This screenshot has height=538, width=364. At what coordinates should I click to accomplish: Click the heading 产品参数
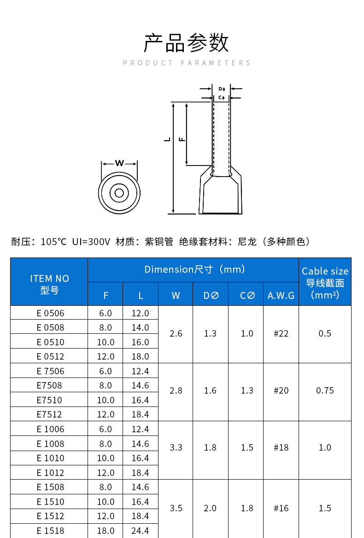click(186, 43)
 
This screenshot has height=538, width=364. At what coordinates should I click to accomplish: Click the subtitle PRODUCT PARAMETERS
click(187, 63)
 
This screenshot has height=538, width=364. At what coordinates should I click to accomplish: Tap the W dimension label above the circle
click(119, 163)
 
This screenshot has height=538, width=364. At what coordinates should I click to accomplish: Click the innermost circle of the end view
click(119, 193)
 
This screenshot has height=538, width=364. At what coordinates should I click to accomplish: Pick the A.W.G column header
click(281, 296)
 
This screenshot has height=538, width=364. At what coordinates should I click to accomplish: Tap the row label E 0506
click(50, 313)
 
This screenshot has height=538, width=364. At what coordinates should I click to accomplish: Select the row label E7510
click(49, 400)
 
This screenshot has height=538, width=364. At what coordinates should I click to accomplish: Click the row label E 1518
click(50, 531)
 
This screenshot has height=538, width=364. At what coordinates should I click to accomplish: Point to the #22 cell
click(281, 333)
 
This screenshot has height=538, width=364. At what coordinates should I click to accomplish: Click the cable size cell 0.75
click(325, 390)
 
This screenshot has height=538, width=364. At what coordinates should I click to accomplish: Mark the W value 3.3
click(176, 447)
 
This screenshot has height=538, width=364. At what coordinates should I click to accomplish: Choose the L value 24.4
click(140, 531)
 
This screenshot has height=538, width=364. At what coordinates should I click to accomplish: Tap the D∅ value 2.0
click(210, 508)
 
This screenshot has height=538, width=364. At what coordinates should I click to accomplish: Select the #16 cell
click(281, 508)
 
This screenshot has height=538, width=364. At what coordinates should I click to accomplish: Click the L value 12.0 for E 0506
click(140, 313)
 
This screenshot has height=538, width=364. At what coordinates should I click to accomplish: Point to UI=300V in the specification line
click(91, 241)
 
